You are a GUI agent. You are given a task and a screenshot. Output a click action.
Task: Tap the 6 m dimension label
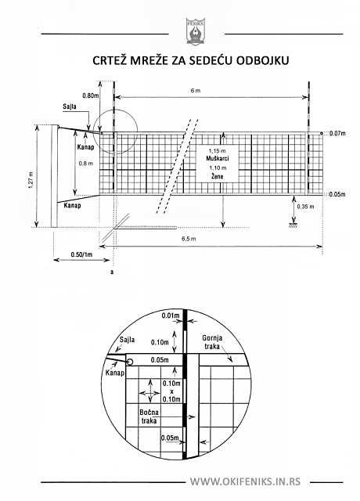coord(196,91)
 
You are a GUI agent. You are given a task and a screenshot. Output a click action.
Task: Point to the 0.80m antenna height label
coord(91,96)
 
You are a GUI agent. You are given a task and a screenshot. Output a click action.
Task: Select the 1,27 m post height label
coord(31,180)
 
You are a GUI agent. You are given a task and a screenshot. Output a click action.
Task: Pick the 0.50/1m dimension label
coord(81,254)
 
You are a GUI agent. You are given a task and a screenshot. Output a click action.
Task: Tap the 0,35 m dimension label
coord(305,207)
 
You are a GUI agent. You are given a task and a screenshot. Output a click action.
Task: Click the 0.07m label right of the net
coord(337,133)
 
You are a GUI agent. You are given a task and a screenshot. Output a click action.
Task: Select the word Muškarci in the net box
coord(218,158)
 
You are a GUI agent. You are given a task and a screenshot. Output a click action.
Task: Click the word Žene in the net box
coord(218,176)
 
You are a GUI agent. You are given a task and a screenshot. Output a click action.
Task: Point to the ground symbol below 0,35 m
coord(293,225)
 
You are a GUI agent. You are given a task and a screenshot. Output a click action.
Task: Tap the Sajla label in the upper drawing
coord(70,106)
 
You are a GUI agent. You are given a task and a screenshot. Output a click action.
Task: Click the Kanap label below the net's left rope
coord(73,205)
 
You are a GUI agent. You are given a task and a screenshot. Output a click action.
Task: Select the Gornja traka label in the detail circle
coord(212,342)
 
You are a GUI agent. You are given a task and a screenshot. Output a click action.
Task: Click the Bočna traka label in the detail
coord(149,416)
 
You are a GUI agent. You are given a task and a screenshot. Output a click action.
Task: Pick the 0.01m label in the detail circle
coord(171,315)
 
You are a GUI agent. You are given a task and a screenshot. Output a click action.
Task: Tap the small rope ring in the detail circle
coord(129,362)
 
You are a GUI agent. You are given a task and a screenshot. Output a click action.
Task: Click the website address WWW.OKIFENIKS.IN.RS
coord(245,481)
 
